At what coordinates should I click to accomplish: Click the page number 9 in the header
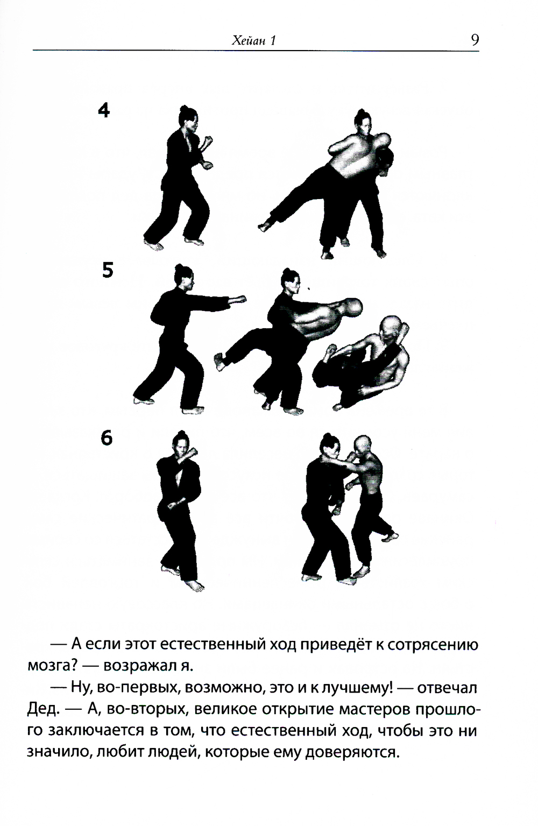coord(475,39)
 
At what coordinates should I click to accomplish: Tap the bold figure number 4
coord(104,110)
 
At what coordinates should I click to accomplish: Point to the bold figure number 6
coord(107,438)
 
